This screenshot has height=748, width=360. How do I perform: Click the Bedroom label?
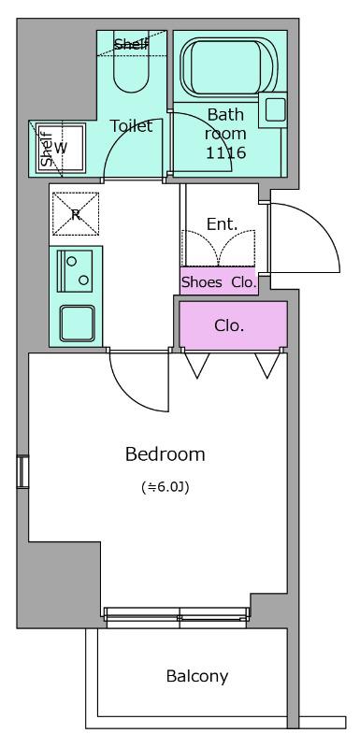point(165,454)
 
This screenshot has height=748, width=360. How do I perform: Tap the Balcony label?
point(197,676)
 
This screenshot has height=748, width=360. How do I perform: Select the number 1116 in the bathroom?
point(225,152)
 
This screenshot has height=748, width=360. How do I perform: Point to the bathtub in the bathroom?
point(228,65)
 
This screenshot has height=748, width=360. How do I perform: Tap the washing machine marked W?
point(62,148)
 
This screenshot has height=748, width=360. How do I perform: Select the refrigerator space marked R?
point(76,214)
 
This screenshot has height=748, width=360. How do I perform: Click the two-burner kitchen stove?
point(75,271)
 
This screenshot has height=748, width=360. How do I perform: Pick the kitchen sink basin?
point(78,323)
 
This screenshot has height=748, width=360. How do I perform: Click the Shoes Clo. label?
point(220,282)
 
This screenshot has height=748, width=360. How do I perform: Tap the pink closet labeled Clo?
point(233,325)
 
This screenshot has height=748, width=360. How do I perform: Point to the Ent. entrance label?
point(223,224)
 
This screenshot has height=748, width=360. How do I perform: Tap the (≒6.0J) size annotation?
point(166,487)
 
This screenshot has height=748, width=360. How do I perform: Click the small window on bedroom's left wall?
point(22,472)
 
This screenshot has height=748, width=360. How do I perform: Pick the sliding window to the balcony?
point(177,617)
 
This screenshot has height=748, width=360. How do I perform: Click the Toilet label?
point(131,126)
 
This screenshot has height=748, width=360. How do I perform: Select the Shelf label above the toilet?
point(131,45)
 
